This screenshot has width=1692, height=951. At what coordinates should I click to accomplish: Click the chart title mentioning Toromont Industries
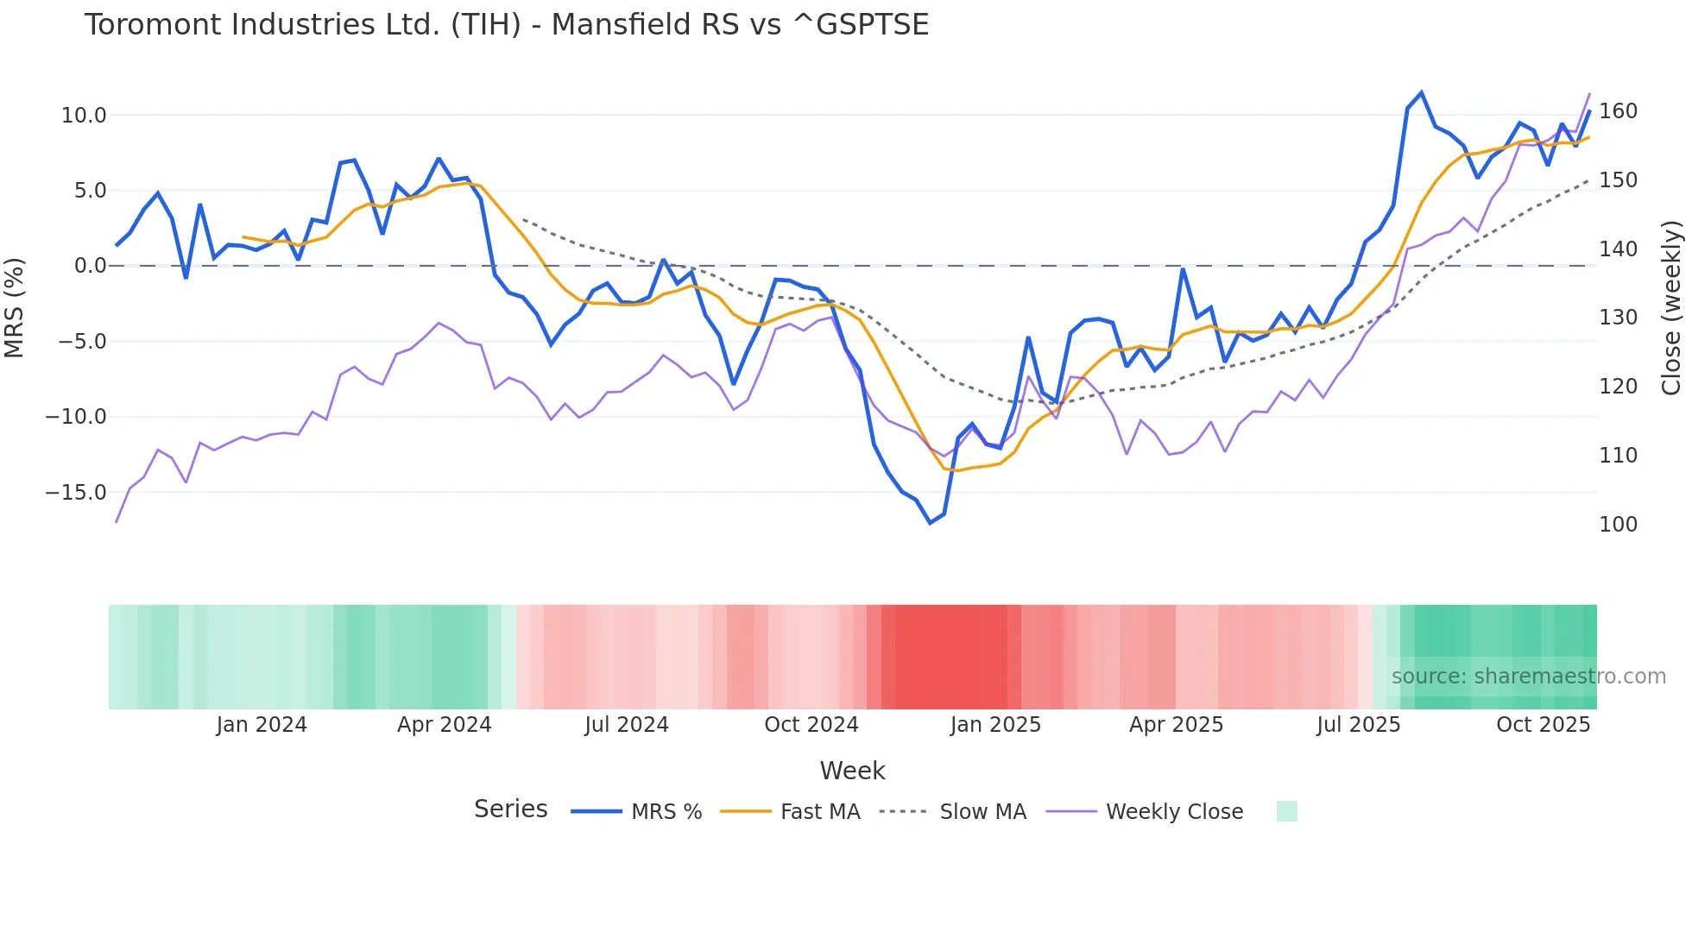click(x=507, y=25)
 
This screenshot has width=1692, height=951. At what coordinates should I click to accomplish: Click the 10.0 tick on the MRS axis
click(x=84, y=116)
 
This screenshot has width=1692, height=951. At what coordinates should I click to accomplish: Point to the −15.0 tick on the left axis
click(x=76, y=493)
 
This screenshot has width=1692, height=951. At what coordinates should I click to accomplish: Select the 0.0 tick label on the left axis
click(x=90, y=266)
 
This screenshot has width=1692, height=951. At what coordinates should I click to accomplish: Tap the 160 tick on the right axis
click(x=1618, y=111)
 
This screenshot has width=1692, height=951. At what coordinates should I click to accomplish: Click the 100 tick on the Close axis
click(x=1618, y=525)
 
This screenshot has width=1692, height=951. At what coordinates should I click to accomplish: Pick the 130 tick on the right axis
click(x=1618, y=318)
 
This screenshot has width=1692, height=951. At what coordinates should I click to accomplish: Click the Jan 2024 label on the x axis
click(x=262, y=725)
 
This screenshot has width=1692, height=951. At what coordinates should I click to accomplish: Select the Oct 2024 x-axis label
click(x=811, y=725)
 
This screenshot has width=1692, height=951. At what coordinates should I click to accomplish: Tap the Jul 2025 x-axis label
click(x=1358, y=725)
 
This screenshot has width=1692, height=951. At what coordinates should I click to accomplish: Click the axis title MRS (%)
click(x=15, y=308)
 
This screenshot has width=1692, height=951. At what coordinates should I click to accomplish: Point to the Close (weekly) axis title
click(x=1671, y=308)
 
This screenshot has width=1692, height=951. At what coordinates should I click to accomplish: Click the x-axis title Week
click(x=852, y=771)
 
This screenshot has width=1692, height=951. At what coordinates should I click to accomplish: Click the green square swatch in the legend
click(x=1286, y=812)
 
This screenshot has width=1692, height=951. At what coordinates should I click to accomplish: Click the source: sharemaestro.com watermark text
click(x=1528, y=677)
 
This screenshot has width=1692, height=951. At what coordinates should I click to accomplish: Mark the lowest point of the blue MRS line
click(x=931, y=523)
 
